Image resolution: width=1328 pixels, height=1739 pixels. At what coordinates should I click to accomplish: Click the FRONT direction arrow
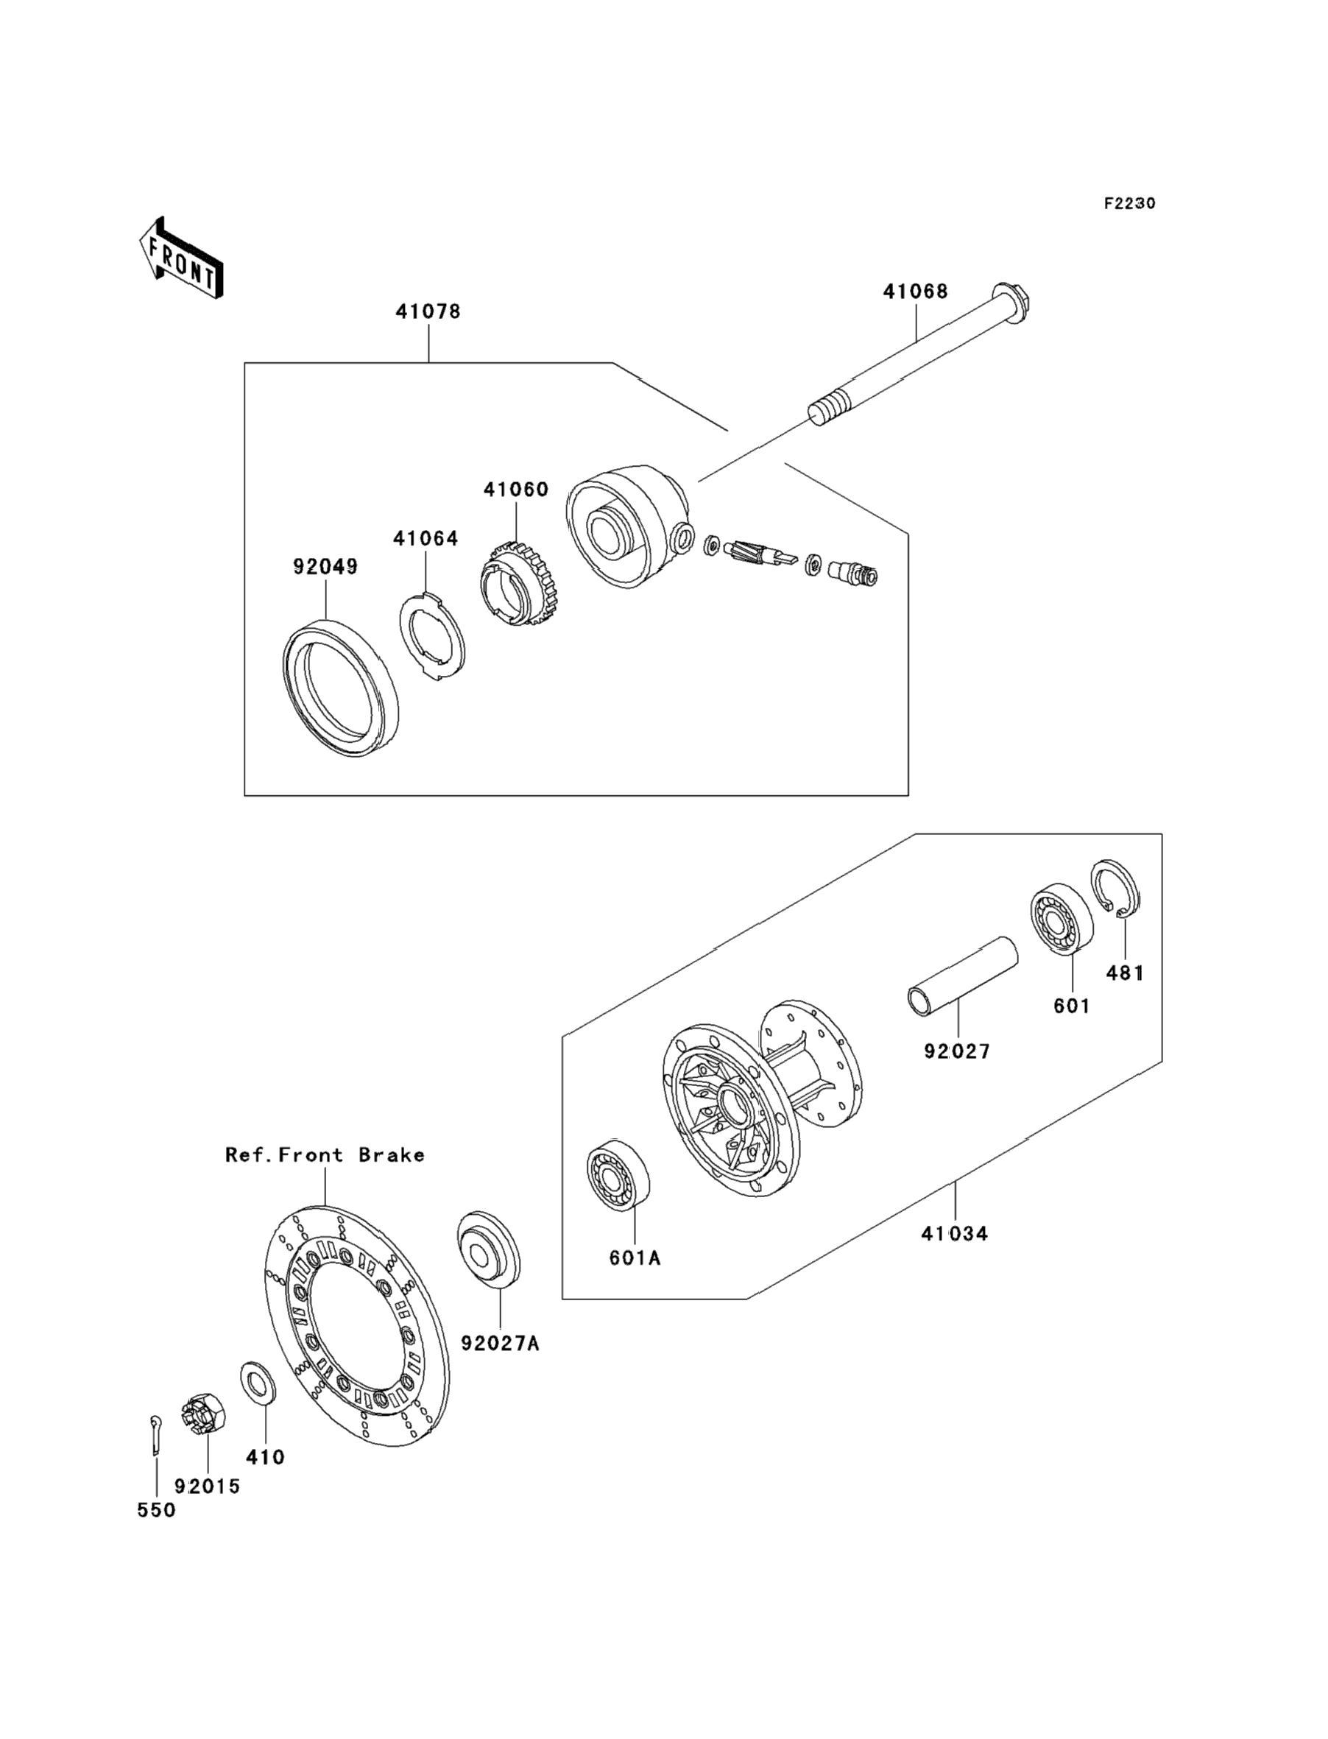(x=181, y=258)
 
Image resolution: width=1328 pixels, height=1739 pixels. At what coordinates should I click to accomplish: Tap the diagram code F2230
(x=1129, y=203)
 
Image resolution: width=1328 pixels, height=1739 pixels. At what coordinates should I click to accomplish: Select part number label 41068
(x=915, y=292)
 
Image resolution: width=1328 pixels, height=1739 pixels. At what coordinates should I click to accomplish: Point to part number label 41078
(x=428, y=311)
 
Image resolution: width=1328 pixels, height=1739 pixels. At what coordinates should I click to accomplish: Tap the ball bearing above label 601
(x=1061, y=920)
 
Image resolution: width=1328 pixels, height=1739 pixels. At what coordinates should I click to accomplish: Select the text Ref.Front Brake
(x=325, y=1155)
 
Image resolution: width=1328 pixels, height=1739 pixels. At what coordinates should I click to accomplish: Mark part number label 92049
(x=325, y=567)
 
